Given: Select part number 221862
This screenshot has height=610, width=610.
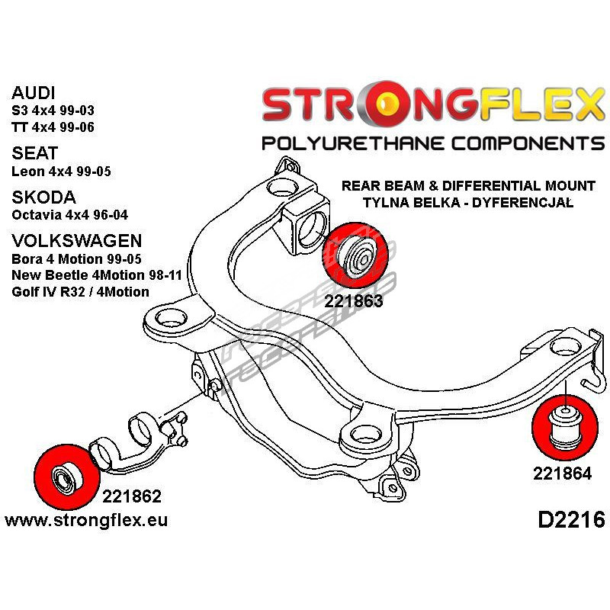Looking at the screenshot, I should pyautogui.click(x=131, y=496).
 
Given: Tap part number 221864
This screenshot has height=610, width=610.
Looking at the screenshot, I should pyautogui.click(x=563, y=473).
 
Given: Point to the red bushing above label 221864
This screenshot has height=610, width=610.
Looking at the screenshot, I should pyautogui.click(x=564, y=425).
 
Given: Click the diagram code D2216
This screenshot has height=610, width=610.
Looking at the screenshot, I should pyautogui.click(x=571, y=521).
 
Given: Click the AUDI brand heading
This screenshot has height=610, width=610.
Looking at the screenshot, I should pyautogui.click(x=34, y=94).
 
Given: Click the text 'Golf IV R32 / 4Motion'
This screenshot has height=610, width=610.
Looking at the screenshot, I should pyautogui.click(x=80, y=291).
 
